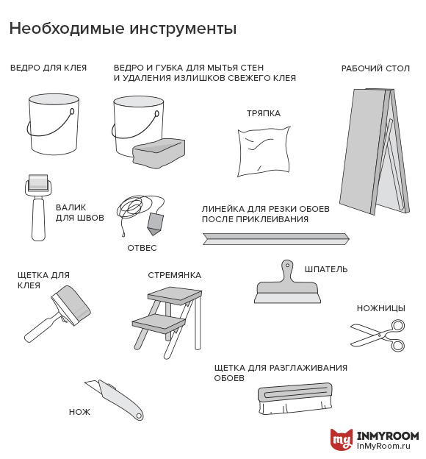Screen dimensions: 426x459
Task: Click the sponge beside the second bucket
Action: pyautogui.click(x=159, y=153)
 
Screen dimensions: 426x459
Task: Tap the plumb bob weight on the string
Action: pyautogui.click(x=155, y=224)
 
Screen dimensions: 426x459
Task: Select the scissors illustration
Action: pyautogui.click(x=378, y=335)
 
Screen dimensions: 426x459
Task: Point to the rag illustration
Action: pyautogui.click(x=264, y=152)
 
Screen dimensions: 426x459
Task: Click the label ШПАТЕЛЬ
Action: pyautogui.click(x=326, y=269)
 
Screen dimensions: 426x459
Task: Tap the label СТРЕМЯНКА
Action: pyautogui.click(x=175, y=275)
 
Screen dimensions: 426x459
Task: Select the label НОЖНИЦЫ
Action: pyautogui.click(x=381, y=308)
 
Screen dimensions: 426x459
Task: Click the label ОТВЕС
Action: pyautogui.click(x=142, y=248)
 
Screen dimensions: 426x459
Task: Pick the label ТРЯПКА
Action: pyautogui.click(x=264, y=113)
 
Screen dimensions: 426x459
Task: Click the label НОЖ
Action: pyautogui.click(x=79, y=412)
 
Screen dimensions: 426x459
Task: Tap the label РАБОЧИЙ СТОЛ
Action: pyautogui.click(x=375, y=68)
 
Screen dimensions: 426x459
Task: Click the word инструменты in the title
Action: pyautogui.click(x=183, y=29)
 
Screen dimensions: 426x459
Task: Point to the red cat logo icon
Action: pyautogui.click(x=342, y=439)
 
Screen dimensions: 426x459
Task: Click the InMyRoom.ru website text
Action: pyautogui.click(x=383, y=446)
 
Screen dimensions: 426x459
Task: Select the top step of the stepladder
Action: pyautogui.click(x=175, y=294)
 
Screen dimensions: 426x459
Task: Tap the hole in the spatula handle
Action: pyautogui.click(x=287, y=266)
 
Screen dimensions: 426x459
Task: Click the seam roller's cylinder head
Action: pyautogui.click(x=38, y=182)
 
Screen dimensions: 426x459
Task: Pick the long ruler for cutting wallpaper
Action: pyautogui.click(x=275, y=239)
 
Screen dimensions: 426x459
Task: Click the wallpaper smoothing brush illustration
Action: pyautogui.click(x=295, y=398)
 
